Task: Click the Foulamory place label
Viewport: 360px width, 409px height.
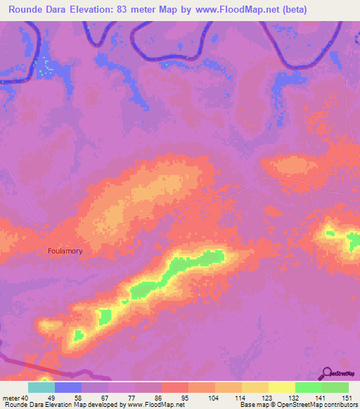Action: pyautogui.click(x=67, y=250)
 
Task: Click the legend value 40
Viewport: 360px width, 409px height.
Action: pyautogui.click(x=26, y=397)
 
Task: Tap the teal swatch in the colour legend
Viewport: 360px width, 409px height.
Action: pyautogui.click(x=41, y=387)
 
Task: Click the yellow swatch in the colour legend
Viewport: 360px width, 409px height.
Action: pyautogui.click(x=281, y=387)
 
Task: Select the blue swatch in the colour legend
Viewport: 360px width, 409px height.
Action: pyautogui.click(x=68, y=387)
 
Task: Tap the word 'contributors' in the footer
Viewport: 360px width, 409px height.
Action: pyautogui.click(x=339, y=405)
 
